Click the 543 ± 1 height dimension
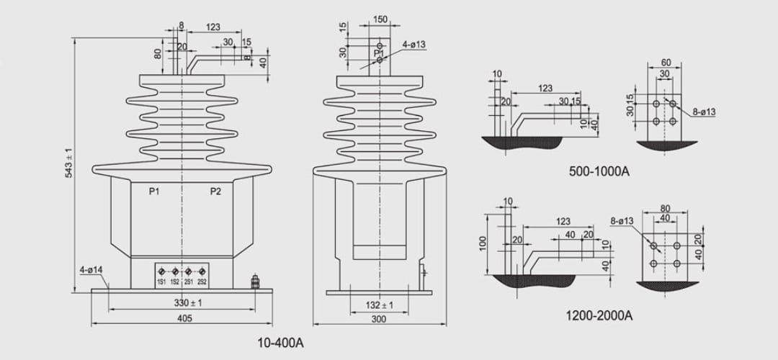tap(69, 163)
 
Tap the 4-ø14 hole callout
tap(91, 271)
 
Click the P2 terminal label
tap(215, 191)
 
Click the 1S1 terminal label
tap(161, 282)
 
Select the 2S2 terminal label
tap(202, 282)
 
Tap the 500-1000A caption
tap(599, 171)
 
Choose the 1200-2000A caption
tap(599, 315)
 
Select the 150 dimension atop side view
tap(380, 19)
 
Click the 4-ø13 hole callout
tap(414, 44)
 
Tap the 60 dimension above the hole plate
tap(665, 63)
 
